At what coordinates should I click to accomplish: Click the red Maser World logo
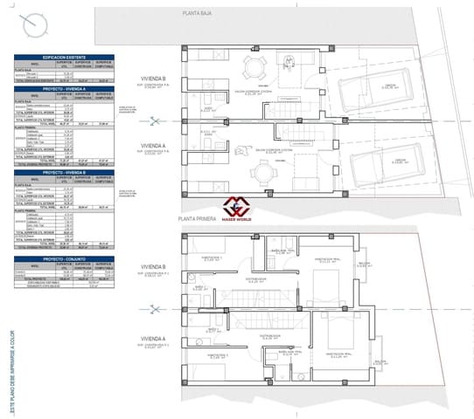(235, 208)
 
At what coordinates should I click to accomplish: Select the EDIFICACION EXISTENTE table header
(63, 57)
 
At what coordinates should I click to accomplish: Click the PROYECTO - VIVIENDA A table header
(63, 89)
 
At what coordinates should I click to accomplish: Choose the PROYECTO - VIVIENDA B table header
(63, 172)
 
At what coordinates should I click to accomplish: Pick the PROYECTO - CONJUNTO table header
(63, 259)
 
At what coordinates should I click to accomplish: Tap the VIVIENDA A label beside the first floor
(151, 339)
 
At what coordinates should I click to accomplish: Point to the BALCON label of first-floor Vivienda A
(380, 359)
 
